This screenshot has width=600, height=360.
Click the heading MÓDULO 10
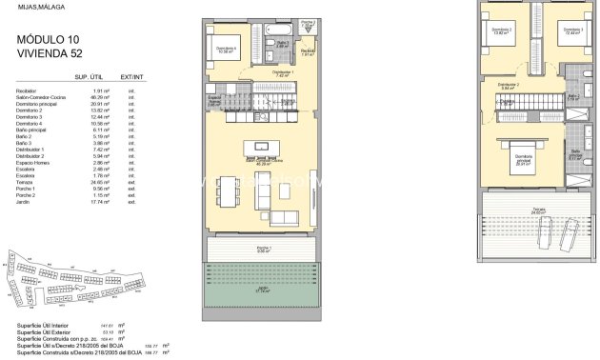(45, 40)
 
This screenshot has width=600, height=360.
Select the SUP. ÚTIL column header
(89, 75)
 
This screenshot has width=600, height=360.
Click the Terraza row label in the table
(27, 181)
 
